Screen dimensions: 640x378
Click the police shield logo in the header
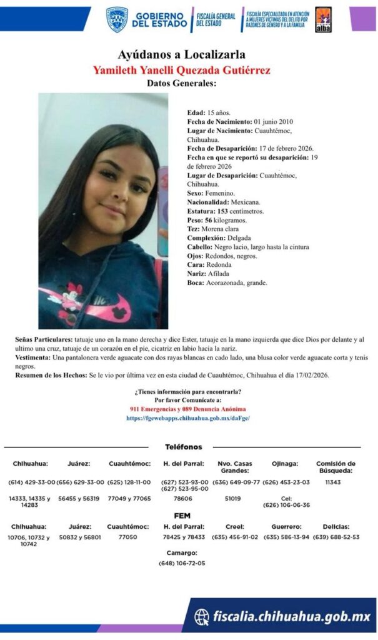point(117,19)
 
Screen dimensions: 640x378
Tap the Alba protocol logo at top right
point(323,19)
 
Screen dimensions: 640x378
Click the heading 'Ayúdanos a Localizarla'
point(182,54)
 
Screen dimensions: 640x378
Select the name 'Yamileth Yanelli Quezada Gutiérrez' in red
point(182,69)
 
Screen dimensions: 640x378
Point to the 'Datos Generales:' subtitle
point(182,83)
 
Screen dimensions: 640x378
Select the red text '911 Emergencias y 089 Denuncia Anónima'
point(188,409)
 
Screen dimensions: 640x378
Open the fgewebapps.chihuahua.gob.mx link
point(188,418)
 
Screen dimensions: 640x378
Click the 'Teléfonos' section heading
point(183,447)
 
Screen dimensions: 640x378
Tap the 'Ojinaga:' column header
point(285,464)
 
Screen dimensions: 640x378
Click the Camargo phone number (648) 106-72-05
point(182,562)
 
